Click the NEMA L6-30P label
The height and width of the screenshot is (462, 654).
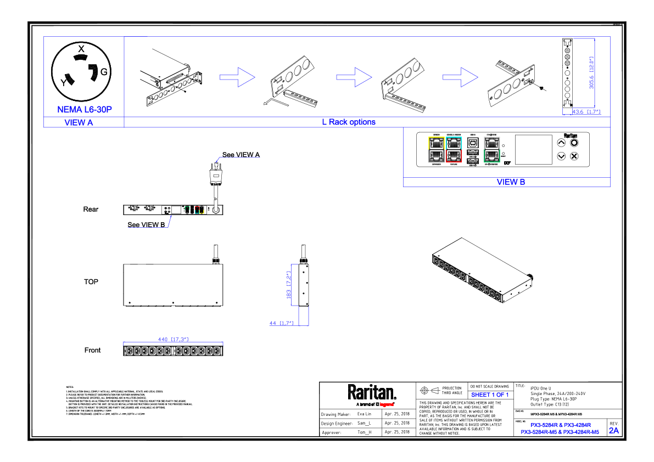pos(85,110)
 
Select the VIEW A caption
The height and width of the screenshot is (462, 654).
pos(79,123)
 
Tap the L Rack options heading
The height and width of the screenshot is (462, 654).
pos(349,122)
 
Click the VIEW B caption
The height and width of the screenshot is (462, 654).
pos(511,182)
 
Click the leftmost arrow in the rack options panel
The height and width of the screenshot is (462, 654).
pos(237,77)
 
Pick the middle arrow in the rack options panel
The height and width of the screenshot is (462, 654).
pos(354,77)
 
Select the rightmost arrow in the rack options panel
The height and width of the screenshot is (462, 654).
pos(460,77)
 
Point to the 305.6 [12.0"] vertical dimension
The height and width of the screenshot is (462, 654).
pos(592,72)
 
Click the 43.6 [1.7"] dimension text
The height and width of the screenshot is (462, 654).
pos(586,112)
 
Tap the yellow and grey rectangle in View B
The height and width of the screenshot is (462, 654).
pos(437,150)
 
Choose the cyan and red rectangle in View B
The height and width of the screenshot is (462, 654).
pos(454,150)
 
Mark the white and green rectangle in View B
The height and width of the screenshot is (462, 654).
pos(492,150)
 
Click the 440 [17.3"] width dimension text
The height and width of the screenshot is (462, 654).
pos(174,340)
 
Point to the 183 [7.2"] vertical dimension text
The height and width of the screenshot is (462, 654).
pos(288,285)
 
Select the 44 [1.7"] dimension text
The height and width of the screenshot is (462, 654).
pos(282,323)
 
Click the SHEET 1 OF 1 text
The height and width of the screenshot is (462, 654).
pos(490,395)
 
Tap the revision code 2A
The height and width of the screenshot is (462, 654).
pos(614,431)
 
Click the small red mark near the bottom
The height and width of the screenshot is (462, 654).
pos(387,405)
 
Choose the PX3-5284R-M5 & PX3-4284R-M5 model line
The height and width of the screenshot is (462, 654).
pos(560,432)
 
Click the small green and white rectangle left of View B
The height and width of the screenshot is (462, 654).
pos(187,210)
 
